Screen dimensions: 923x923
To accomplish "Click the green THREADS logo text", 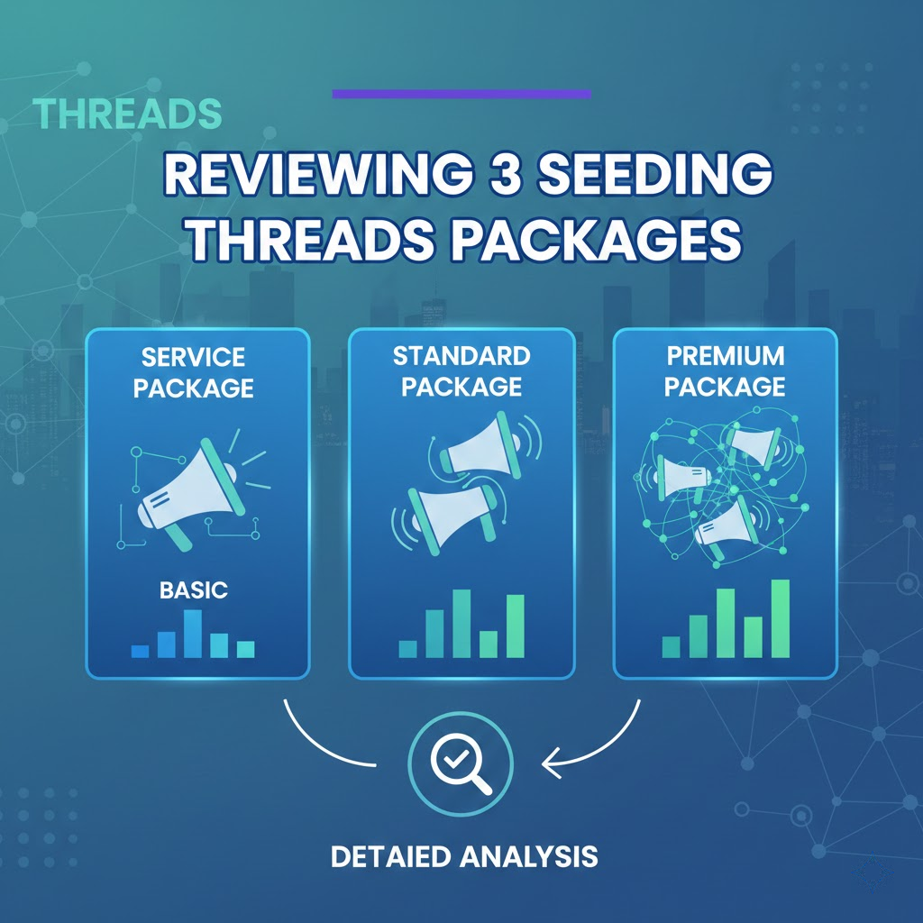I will coord(127,114).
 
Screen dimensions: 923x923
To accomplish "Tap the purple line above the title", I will coord(461,94).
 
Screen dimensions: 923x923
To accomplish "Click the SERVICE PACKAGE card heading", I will coord(197,373).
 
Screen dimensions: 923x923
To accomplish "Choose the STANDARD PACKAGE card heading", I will coord(461,370).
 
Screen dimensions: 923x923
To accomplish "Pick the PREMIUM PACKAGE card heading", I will coord(726,373).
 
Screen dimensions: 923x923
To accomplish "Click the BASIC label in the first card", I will coord(193,590).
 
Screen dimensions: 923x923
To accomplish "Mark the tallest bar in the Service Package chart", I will coord(193,634).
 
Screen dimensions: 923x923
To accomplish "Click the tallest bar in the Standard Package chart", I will coord(461,623).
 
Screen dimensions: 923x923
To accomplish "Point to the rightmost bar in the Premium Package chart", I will coord(780,618).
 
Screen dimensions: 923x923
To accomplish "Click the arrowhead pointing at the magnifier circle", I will coord(548,764).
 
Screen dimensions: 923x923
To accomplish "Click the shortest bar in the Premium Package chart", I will coord(671,646).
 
